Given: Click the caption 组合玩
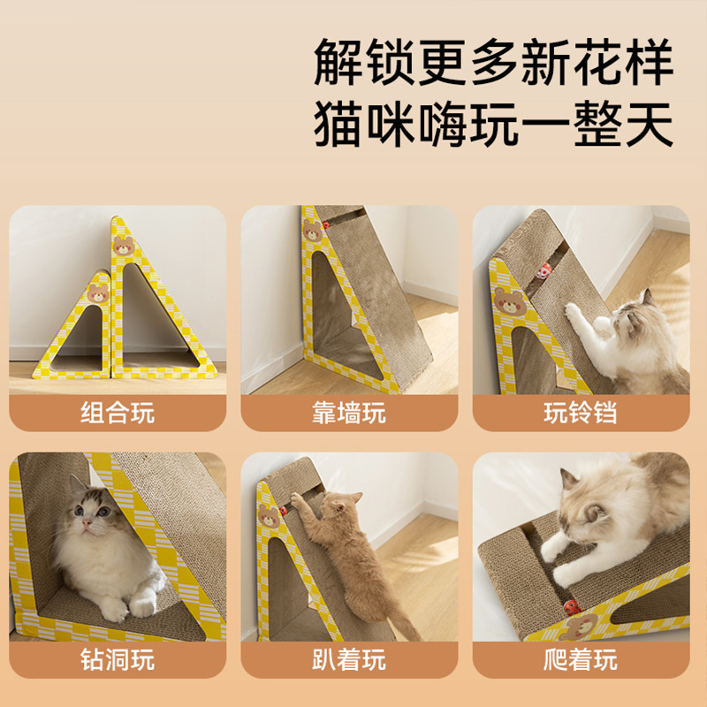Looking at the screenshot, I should click(x=118, y=413).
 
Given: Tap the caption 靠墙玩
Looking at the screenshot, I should click(x=349, y=413).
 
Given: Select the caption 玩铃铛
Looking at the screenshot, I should click(x=581, y=413).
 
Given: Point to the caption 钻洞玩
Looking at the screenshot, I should click(x=118, y=659).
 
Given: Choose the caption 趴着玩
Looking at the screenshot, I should click(x=349, y=659).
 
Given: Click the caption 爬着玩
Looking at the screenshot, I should click(x=581, y=659).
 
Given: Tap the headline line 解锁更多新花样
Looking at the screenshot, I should click(x=493, y=64).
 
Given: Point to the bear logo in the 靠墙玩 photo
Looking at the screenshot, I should click(x=312, y=232).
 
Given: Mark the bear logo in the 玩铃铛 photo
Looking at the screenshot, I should click(x=508, y=300).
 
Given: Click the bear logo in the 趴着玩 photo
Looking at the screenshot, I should click(x=269, y=516).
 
